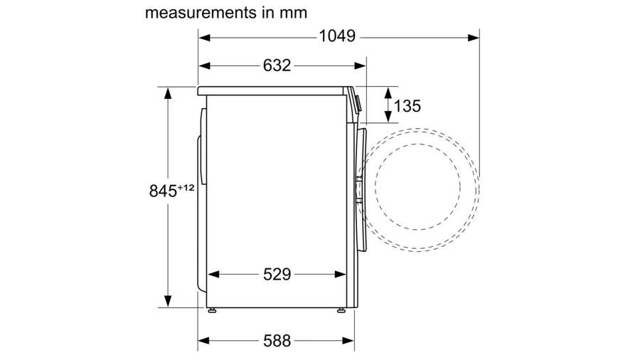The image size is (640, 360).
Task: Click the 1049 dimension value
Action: coord(337,36)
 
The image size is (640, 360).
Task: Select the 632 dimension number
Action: coord(277,65)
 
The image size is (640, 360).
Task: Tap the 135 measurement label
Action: coord(407,106)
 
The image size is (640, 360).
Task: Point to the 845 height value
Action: coord(163,191)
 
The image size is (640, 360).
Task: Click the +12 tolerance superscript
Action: coord(186,188)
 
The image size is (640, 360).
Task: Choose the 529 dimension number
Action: coord(277,275)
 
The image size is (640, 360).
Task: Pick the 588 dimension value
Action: coord(277,341)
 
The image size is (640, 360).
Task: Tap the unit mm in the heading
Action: coord(293,13)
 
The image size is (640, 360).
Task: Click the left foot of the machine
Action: coord(212,311)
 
